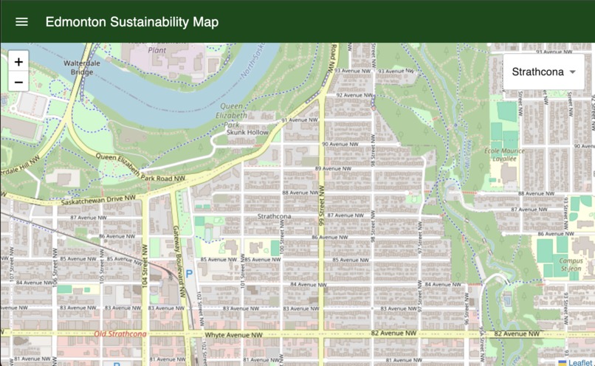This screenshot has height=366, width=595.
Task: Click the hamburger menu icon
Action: [21, 21]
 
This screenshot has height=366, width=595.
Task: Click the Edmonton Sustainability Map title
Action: [131, 21]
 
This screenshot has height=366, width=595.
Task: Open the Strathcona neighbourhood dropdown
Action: [543, 72]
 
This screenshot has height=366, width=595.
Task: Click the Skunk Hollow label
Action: [247, 132]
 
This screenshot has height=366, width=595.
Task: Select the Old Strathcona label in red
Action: [120, 334]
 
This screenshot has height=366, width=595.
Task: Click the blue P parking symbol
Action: [188, 273]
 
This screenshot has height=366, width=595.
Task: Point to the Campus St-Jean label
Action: [571, 264]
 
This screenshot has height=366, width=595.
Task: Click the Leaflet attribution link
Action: [579, 362]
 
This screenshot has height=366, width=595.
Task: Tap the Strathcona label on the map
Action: [274, 216]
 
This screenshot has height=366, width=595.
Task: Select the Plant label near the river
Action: [157, 50]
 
